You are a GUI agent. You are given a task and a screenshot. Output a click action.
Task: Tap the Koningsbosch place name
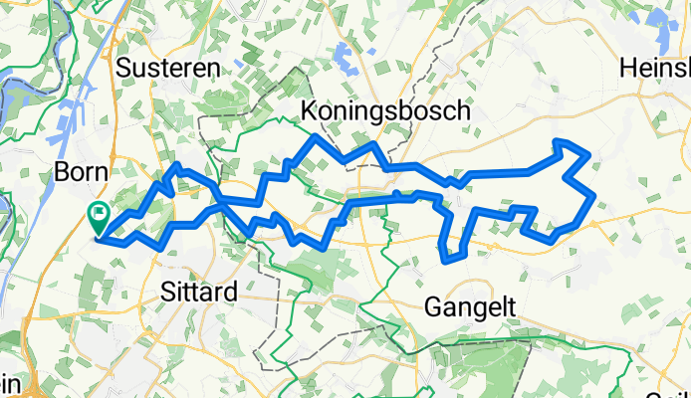click(385, 111)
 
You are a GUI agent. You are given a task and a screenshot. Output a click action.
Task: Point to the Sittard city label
click(198, 293)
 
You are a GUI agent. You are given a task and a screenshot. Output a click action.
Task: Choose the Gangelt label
click(470, 307)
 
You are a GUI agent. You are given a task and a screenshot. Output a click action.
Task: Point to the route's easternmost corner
click(594, 196)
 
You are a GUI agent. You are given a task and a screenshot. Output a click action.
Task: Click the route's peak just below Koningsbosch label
click(317, 135)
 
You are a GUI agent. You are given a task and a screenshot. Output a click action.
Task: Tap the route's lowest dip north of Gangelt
click(450, 262)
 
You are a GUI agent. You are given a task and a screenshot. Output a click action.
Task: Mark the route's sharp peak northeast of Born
click(177, 164)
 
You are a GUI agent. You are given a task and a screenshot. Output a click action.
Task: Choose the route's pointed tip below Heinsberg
click(558, 142)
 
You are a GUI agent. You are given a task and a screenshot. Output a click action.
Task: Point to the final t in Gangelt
click(511, 307)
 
